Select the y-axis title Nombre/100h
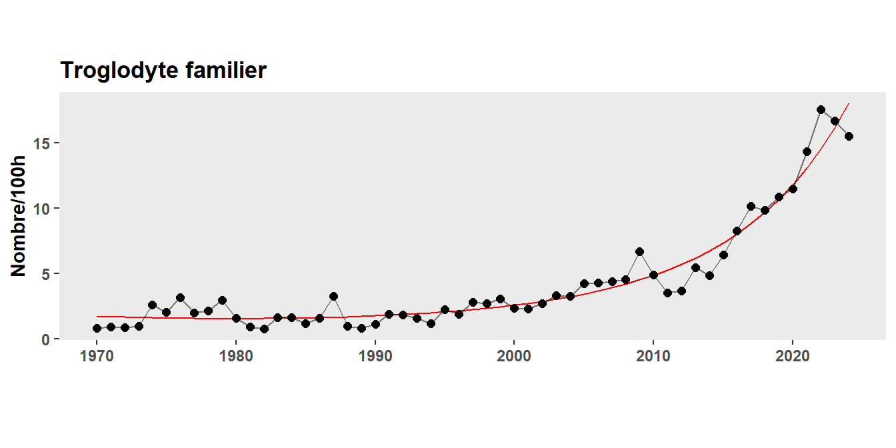pos(18,215)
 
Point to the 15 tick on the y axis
pos(44,143)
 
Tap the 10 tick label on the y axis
pos(44,209)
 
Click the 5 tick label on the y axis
pos(48,274)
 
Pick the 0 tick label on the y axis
pos(48,339)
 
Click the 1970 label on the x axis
pos(97,357)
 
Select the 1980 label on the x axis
pos(236,357)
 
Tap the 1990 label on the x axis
pos(375,357)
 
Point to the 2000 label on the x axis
pos(514,357)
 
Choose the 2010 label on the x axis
pos(653,357)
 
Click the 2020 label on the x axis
pos(793,357)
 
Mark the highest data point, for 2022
pos(821,109)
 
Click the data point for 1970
pos(97,328)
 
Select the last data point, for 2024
pos(849,136)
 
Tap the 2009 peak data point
pos(639,251)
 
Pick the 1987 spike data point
pos(333,296)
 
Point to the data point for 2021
pos(807,151)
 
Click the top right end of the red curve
pos(848,104)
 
